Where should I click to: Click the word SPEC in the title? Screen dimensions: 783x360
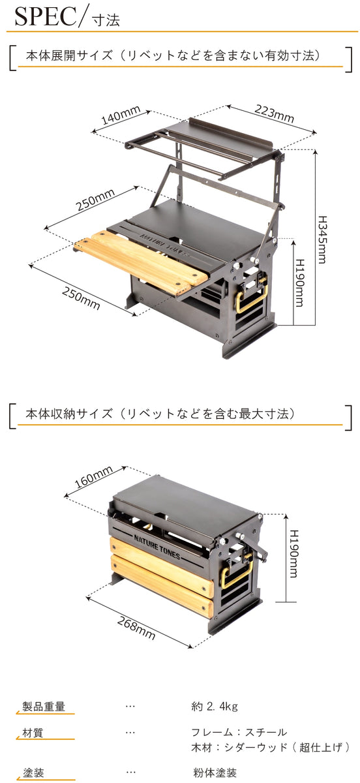tap(43, 18)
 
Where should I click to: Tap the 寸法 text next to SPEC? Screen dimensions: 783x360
tap(104, 20)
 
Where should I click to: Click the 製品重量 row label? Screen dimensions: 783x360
tap(40, 707)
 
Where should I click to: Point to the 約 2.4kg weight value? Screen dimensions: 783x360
tap(215, 707)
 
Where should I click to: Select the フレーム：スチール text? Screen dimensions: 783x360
tap(239, 732)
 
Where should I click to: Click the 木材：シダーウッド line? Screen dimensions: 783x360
tap(271, 746)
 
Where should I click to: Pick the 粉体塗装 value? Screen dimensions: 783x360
tap(211, 773)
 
